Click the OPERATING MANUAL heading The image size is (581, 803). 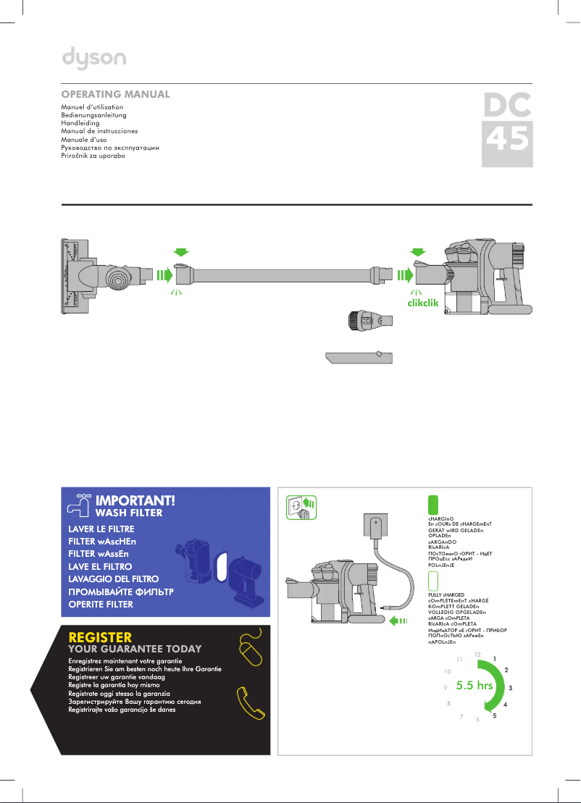pyautogui.click(x=116, y=95)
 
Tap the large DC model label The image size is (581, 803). pyautogui.click(x=507, y=106)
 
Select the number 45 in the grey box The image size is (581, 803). pyautogui.click(x=507, y=140)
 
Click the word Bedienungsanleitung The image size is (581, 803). pyautogui.click(x=94, y=115)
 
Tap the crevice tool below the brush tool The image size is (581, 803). pyautogui.click(x=359, y=358)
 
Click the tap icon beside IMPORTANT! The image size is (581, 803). pyautogui.click(x=78, y=503)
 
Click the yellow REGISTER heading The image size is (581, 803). pyautogui.click(x=100, y=637)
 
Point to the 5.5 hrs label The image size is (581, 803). pyautogui.click(x=475, y=685)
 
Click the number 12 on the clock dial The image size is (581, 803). pyautogui.click(x=477, y=654)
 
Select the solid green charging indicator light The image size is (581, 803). pyautogui.click(x=433, y=505)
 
